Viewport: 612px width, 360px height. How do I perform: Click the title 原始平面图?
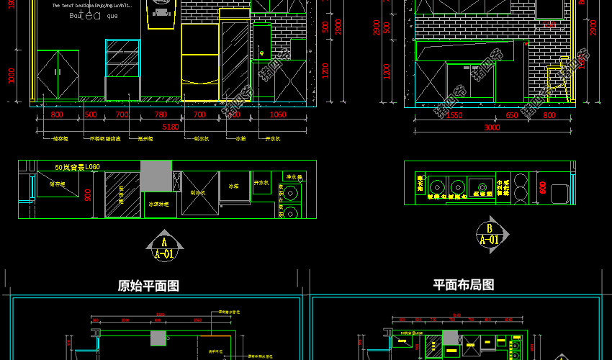point(148,286)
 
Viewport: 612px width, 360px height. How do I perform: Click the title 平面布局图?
point(463,285)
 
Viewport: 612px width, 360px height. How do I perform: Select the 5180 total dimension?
point(171,127)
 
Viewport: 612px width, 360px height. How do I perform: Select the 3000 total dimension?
point(491,127)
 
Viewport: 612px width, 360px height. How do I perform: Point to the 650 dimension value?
point(511,115)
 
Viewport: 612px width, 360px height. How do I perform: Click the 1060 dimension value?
point(277,115)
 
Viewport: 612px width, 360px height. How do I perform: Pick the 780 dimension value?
point(161,115)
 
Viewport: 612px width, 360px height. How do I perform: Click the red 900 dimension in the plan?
point(87,194)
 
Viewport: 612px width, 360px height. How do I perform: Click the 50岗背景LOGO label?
point(77,167)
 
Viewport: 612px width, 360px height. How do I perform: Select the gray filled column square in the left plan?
point(156,176)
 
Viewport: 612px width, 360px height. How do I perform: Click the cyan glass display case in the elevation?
point(123,59)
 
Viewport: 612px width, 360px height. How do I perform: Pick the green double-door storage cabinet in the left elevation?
point(58,74)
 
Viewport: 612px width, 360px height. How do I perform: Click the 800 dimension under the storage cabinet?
point(57,115)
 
